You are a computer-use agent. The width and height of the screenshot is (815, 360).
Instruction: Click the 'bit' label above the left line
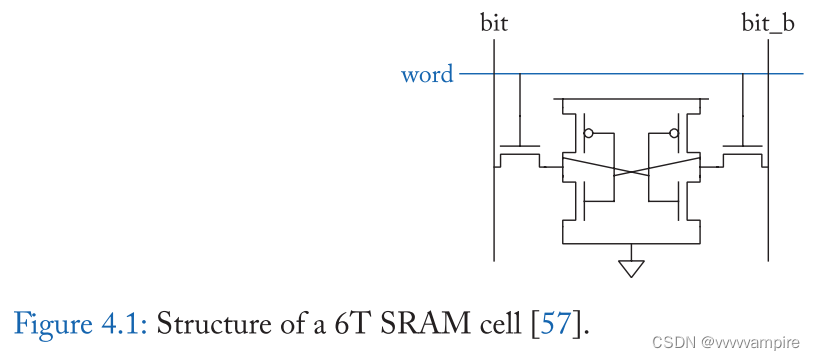tap(494, 22)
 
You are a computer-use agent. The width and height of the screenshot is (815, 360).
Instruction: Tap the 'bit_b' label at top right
tap(768, 22)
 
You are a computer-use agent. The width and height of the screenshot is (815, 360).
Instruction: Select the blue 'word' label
tap(427, 75)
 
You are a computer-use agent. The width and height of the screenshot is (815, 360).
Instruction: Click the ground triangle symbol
tap(631, 267)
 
